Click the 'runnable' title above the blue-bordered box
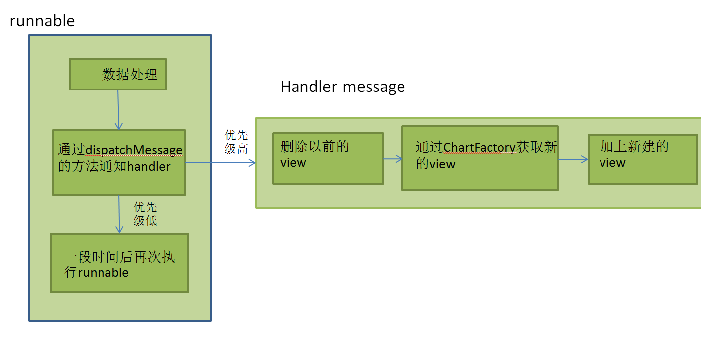42,21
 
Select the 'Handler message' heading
342,87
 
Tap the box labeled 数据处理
118,74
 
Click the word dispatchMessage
134,150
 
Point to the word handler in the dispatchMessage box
149,166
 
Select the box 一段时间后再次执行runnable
119,263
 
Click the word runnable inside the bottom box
103,273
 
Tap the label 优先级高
236,142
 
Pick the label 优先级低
145,214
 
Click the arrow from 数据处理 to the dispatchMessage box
118,110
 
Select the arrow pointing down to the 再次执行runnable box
119,214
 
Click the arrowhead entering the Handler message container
252,163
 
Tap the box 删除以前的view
328,159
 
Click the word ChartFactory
480,148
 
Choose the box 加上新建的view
643,160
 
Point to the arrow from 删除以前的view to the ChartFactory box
393,159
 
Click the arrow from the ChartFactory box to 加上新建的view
573,159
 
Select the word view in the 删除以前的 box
293,163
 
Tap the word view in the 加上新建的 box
612,163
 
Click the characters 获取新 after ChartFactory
537,147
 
